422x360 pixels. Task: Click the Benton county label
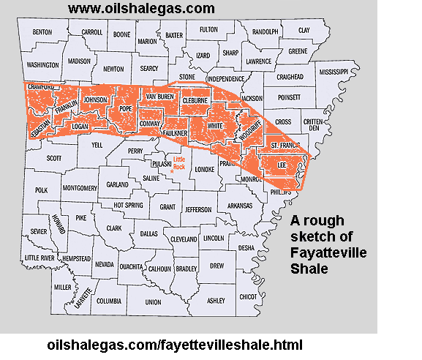pyautogui.click(x=42, y=32)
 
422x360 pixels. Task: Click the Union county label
pyautogui.click(x=153, y=301)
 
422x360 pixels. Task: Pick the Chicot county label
pyautogui.click(x=249, y=296)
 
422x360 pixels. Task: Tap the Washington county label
pyautogui.click(x=42, y=64)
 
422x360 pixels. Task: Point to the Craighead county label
pyautogui.click(x=290, y=77)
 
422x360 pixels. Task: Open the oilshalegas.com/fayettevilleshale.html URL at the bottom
pyautogui.click(x=173, y=344)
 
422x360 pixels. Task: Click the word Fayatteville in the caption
pyautogui.click(x=329, y=253)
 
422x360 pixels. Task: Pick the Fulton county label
pyautogui.click(x=208, y=29)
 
